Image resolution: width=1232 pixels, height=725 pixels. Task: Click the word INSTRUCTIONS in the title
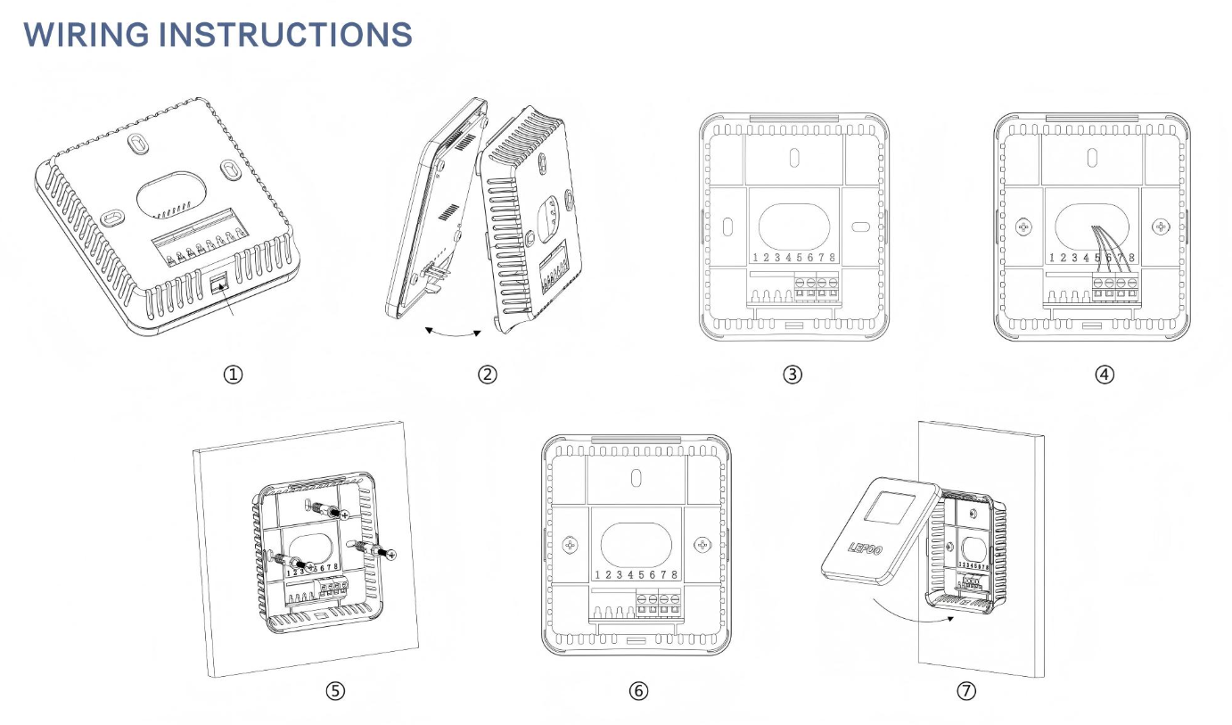pos(290,34)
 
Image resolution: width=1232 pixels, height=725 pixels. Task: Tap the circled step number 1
pos(233,375)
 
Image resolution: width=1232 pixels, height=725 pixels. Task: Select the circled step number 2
pos(487,375)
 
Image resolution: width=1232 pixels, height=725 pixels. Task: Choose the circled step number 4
pos(1105,375)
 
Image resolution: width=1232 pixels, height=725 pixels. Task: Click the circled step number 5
pos(335,691)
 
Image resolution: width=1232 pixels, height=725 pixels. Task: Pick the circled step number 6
pos(638,691)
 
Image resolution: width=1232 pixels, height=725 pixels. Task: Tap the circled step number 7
pos(966,691)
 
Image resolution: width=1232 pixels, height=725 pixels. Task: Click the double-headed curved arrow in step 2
pos(452,333)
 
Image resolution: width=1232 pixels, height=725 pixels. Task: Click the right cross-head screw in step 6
pos(703,543)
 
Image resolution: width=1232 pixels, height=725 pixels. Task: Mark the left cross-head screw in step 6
pos(570,543)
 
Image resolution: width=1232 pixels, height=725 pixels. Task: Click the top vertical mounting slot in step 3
pos(794,158)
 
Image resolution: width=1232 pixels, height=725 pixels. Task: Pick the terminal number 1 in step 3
pos(755,258)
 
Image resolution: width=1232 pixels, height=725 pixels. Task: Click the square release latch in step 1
pos(218,284)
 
